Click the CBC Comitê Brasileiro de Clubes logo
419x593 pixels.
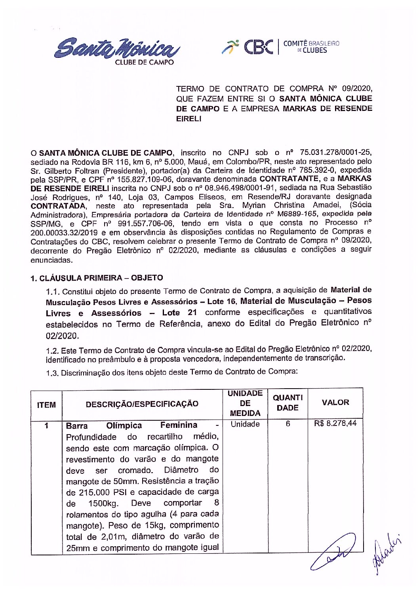coord(280,47)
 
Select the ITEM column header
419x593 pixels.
coord(46,405)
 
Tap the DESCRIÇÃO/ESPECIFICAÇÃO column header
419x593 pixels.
coord(142,404)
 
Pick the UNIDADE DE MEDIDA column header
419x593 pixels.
coord(245,403)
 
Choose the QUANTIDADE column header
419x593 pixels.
coord(288,402)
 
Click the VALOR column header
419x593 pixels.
coord(335,402)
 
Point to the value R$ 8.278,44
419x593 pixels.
coord(335,423)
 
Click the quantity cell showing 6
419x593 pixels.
coord(288,424)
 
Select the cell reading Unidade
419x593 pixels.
coord(245,424)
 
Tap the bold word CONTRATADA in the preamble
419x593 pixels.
coord(58,206)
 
